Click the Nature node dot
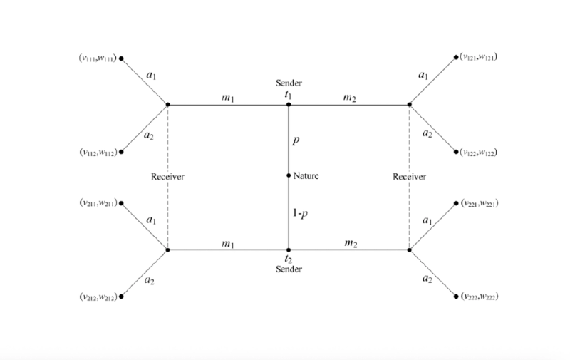tap(289, 175)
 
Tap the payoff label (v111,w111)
tap(98, 58)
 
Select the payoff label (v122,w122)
tap(478, 152)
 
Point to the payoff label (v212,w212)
tap(98, 297)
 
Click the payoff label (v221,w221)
tap(480, 203)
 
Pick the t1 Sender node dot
tap(289, 105)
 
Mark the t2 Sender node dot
tap(289, 250)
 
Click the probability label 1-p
tap(300, 213)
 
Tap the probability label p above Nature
tap(296, 140)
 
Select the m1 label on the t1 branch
tap(228, 98)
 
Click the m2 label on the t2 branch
tap(351, 243)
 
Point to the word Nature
tap(306, 176)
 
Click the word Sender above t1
tap(289, 83)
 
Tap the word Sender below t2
tap(289, 269)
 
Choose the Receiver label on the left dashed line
tap(167, 177)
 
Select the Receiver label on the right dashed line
tap(409, 177)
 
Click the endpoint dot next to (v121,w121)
tap(456, 58)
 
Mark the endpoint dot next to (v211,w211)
tap(121, 203)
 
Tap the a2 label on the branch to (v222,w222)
tap(427, 279)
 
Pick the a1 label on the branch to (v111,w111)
tap(151, 76)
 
